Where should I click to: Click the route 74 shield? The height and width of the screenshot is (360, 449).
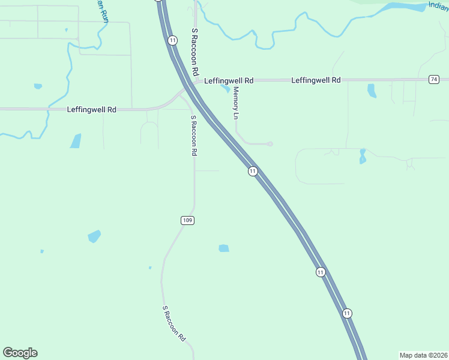434,80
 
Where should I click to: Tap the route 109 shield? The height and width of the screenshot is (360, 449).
187,221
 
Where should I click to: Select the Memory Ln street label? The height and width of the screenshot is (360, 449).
237,102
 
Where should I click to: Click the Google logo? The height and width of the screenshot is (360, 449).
20,353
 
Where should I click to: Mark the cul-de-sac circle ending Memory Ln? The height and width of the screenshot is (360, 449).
270,144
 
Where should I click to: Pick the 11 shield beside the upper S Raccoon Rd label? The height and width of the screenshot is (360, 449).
173,40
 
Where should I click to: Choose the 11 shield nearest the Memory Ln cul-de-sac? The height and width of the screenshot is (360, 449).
253,171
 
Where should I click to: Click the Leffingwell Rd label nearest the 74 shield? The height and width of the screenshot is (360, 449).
316,80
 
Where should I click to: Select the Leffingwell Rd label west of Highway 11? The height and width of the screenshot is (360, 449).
91,110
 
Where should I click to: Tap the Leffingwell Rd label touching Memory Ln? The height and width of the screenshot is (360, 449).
229,80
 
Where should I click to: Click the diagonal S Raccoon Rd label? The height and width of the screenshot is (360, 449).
175,323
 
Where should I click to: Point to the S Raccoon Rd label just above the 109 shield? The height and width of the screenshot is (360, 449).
193,136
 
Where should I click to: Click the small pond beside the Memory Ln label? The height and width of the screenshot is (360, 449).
226,89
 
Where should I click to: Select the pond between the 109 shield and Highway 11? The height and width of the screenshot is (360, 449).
224,248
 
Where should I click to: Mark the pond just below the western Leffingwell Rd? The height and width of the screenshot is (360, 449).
76,141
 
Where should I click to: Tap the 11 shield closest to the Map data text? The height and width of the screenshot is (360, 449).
347,313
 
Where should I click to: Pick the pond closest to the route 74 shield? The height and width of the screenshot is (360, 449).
372,90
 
